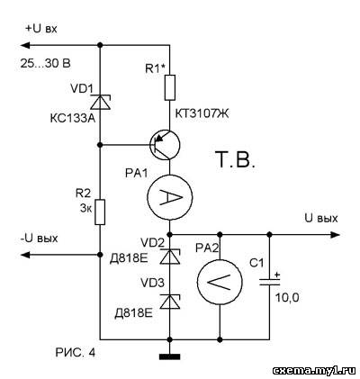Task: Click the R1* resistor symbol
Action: [x=170, y=87]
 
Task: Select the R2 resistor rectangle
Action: [x=100, y=212]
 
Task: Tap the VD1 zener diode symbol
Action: [x=101, y=102]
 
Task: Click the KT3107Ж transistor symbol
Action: [x=165, y=145]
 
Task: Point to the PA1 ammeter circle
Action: [x=170, y=197]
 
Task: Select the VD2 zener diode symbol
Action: [x=170, y=257]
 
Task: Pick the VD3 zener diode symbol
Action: [x=170, y=302]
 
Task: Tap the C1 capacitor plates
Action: [x=269, y=282]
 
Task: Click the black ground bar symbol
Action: [x=170, y=356]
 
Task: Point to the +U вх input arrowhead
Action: [x=25, y=45]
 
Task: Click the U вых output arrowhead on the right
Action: [x=335, y=234]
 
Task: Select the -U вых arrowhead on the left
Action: [x=25, y=255]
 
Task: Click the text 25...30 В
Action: [x=46, y=63]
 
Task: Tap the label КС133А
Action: [x=73, y=119]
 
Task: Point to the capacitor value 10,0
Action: [x=287, y=298]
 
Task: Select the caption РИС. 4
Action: [x=76, y=353]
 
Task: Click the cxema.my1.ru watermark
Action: [x=314, y=371]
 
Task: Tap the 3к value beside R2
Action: [x=86, y=209]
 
